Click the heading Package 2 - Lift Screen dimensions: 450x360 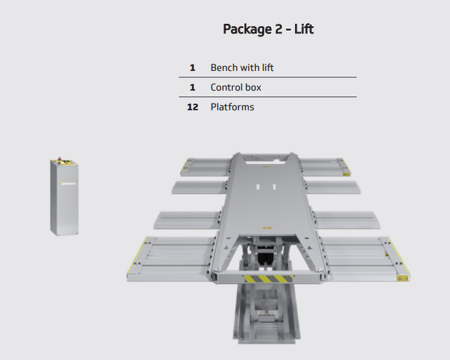[x=268, y=30]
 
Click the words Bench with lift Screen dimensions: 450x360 [x=242, y=67]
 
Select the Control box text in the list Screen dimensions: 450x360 [x=236, y=87]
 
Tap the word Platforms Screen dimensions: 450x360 [x=232, y=107]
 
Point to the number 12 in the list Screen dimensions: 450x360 [x=192, y=107]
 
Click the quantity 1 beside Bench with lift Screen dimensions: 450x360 [x=192, y=67]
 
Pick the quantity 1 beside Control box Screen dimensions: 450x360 [x=192, y=87]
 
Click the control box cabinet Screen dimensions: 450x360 [x=64, y=197]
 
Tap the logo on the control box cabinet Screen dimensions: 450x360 [x=68, y=183]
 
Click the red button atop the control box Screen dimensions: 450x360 [x=60, y=158]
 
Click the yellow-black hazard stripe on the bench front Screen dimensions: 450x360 [x=268, y=278]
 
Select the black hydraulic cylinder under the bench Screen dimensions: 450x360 [x=264, y=257]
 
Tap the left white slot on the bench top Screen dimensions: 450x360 [x=258, y=187]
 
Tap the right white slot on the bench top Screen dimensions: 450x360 [x=274, y=187]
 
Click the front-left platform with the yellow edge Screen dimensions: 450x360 [x=172, y=259]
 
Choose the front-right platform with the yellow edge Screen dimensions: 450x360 [x=365, y=259]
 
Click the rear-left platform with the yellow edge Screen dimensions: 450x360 [x=206, y=166]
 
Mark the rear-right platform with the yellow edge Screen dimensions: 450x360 [x=325, y=166]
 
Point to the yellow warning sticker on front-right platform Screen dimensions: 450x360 [x=402, y=278]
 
